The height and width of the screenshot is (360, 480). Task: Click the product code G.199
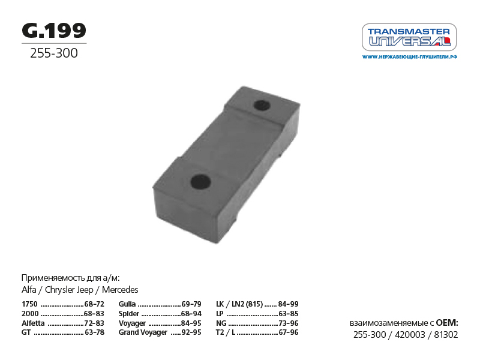pyautogui.click(x=54, y=31)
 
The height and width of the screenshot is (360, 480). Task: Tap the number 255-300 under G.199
pyautogui.click(x=54, y=53)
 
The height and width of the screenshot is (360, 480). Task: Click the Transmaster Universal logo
pyautogui.click(x=409, y=37)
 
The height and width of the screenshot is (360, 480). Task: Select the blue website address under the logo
pyautogui.click(x=410, y=57)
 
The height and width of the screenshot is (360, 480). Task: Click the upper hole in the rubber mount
pyautogui.click(x=262, y=106)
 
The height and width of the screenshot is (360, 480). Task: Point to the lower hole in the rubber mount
pyautogui.click(x=200, y=182)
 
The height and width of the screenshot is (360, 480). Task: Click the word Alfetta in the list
pyautogui.click(x=33, y=323)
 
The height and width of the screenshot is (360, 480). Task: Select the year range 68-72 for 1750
pyautogui.click(x=94, y=304)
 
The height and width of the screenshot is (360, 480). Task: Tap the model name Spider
pyautogui.click(x=129, y=314)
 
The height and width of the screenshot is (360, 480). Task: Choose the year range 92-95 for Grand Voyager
pyautogui.click(x=191, y=332)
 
